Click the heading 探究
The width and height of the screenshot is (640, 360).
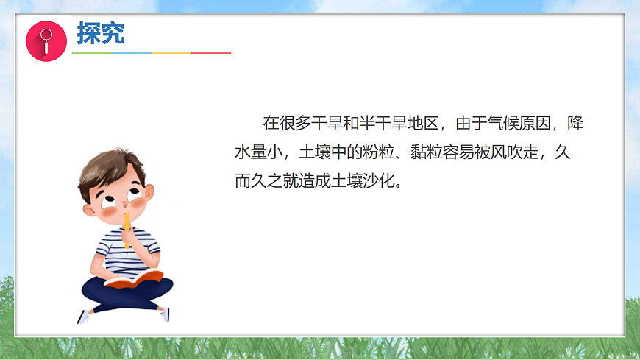pyautogui.click(x=101, y=33)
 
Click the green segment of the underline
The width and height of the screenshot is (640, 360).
pyautogui.click(x=91, y=53)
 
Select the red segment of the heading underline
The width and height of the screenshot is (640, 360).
pyautogui.click(x=211, y=53)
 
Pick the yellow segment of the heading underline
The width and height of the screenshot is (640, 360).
pyautogui.click(x=171, y=53)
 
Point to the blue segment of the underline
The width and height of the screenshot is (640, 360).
pyautogui.click(x=131, y=53)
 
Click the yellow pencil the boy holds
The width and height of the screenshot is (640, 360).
pyautogui.click(x=127, y=229)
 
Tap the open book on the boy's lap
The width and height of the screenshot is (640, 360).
pyautogui.click(x=134, y=278)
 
